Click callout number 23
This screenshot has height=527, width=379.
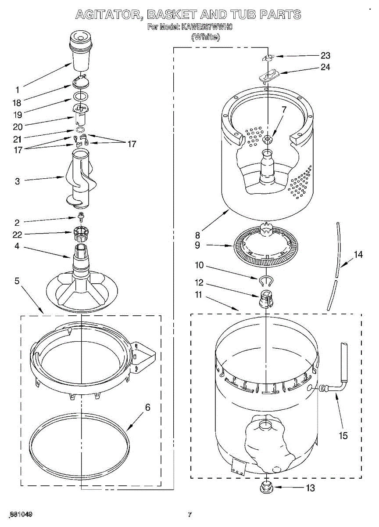point(325,56)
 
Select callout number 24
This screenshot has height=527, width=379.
point(325,67)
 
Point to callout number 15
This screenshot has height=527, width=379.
point(343,436)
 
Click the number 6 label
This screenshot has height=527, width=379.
point(147,408)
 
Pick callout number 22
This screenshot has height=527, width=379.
point(17,234)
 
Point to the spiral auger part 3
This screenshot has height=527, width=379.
point(81,180)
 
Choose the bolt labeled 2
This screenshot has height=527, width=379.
point(81,216)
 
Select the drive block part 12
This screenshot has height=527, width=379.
point(266,299)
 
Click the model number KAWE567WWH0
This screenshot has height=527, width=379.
point(207,27)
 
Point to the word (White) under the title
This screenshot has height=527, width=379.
point(205,37)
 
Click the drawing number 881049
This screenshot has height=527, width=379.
point(20,514)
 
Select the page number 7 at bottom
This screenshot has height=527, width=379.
point(189,515)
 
